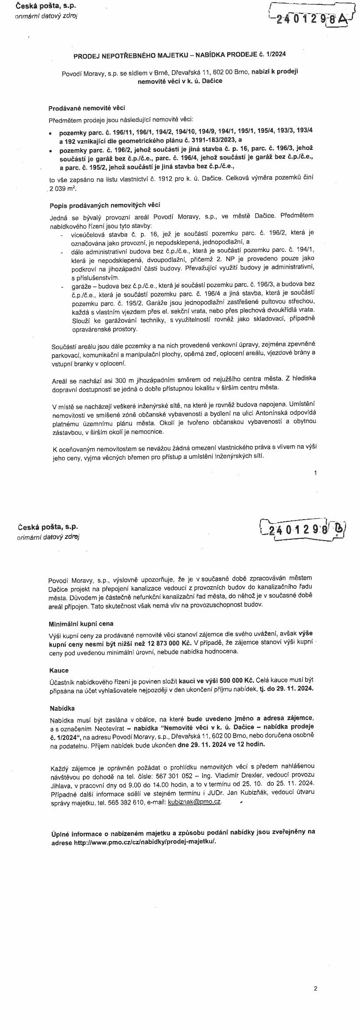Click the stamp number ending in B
pyautogui.click(x=303, y=529)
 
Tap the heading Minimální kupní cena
pyautogui.click(x=81, y=624)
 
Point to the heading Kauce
pyautogui.click(x=59, y=670)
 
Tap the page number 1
pyautogui.click(x=315, y=472)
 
